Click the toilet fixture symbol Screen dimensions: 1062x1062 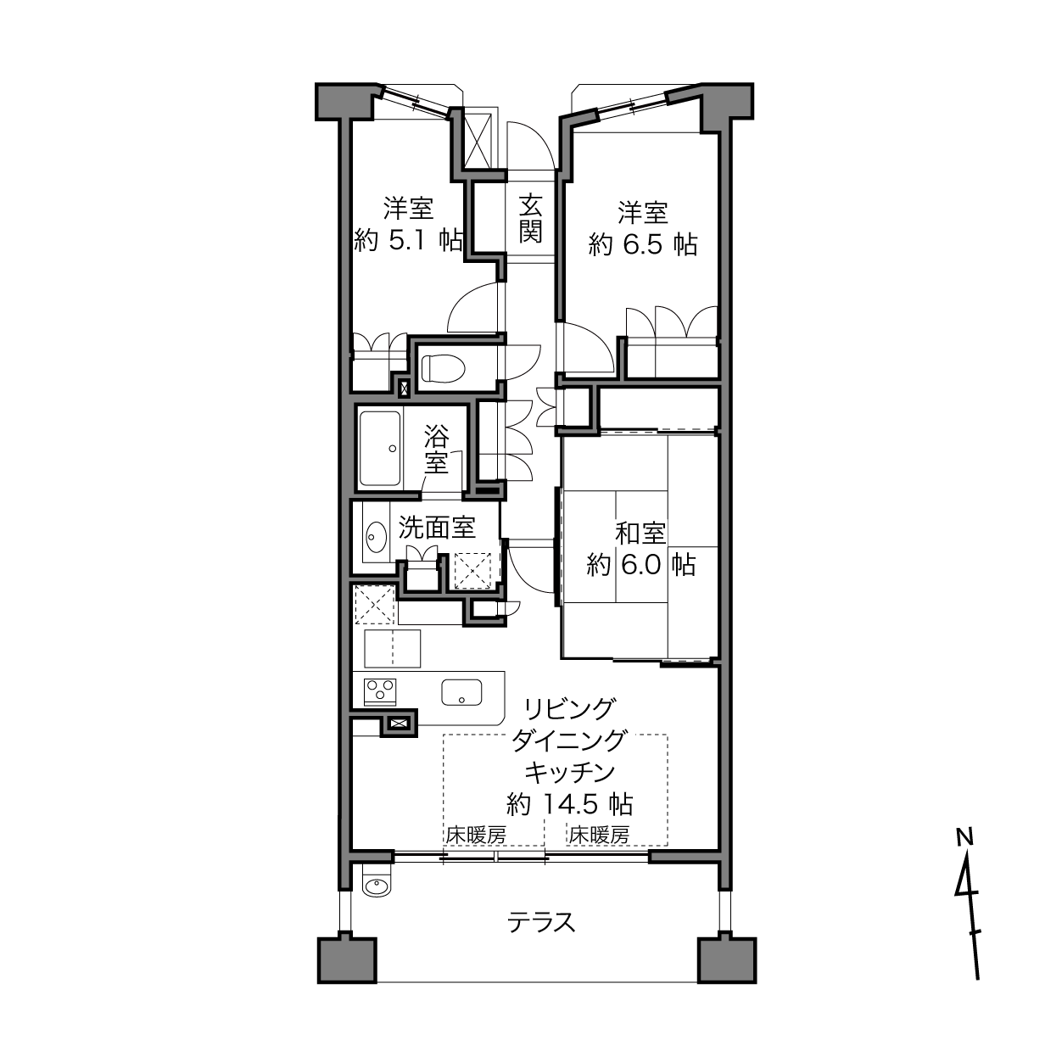(443, 367)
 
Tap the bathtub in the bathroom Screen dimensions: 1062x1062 (380, 448)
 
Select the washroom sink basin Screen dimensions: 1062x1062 (377, 536)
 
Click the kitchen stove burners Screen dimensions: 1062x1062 (380, 691)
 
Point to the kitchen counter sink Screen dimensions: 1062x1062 (461, 692)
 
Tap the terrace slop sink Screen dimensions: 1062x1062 (377, 886)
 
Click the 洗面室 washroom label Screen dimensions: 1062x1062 (437, 528)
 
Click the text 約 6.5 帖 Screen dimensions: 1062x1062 (643, 244)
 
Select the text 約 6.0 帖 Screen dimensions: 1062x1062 (641, 565)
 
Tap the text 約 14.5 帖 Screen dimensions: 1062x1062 (570, 805)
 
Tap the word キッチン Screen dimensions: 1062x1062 (569, 773)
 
